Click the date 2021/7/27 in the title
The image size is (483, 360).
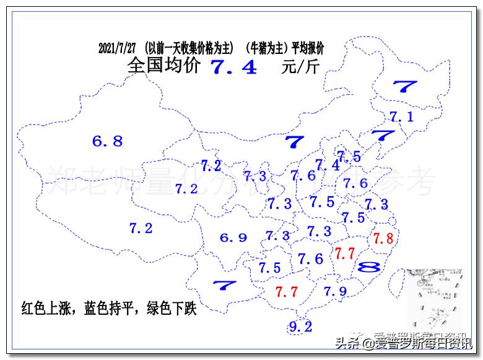119,48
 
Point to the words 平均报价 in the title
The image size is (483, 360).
308,48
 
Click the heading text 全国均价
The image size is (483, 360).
164,66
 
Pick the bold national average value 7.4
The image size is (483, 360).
234,67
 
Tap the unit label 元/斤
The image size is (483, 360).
300,66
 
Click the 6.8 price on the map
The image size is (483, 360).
108,141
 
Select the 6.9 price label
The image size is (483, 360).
233,237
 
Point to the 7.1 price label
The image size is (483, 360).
401,116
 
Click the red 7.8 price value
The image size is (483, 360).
383,238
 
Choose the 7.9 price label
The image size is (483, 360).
335,291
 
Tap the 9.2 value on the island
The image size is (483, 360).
300,327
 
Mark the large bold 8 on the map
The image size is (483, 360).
370,267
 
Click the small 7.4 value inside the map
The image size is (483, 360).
328,165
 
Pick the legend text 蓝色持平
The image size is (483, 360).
109,308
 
